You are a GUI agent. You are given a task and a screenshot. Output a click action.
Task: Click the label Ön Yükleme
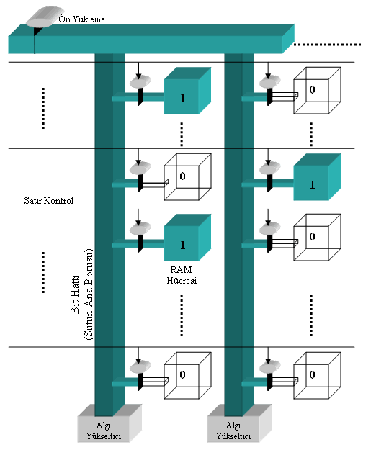[81, 19]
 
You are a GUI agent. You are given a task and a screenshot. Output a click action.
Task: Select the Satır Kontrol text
[49, 201]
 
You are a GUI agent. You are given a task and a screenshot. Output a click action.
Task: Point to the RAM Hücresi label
[182, 275]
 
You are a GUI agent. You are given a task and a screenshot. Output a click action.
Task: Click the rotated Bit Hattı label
[75, 294]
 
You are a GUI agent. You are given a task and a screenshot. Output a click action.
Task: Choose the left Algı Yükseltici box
[109, 423]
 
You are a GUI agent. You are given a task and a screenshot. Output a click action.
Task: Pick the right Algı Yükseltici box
[239, 423]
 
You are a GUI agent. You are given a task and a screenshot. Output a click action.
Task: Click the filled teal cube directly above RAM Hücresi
[187, 238]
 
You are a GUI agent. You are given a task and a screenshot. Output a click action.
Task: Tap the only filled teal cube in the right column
[317, 177]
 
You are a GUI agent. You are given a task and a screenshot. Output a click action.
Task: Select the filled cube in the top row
[187, 91]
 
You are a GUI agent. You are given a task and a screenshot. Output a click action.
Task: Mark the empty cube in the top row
[317, 91]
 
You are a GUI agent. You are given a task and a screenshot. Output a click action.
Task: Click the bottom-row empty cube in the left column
[187, 376]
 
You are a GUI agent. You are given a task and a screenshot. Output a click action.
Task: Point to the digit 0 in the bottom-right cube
[312, 374]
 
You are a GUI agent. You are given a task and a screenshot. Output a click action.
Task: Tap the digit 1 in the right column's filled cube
[313, 184]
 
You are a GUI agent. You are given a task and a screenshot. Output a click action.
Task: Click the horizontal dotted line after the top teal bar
[328, 45]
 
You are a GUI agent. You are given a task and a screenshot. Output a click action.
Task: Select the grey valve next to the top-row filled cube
[140, 81]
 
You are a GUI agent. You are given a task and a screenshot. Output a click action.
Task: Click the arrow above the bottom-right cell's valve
[268, 356]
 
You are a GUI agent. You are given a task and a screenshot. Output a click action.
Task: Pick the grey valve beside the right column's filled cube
[269, 168]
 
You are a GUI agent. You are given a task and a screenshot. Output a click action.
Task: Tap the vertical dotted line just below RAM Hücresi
[182, 315]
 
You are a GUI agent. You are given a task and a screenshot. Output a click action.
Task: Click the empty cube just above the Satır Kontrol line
[187, 177]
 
